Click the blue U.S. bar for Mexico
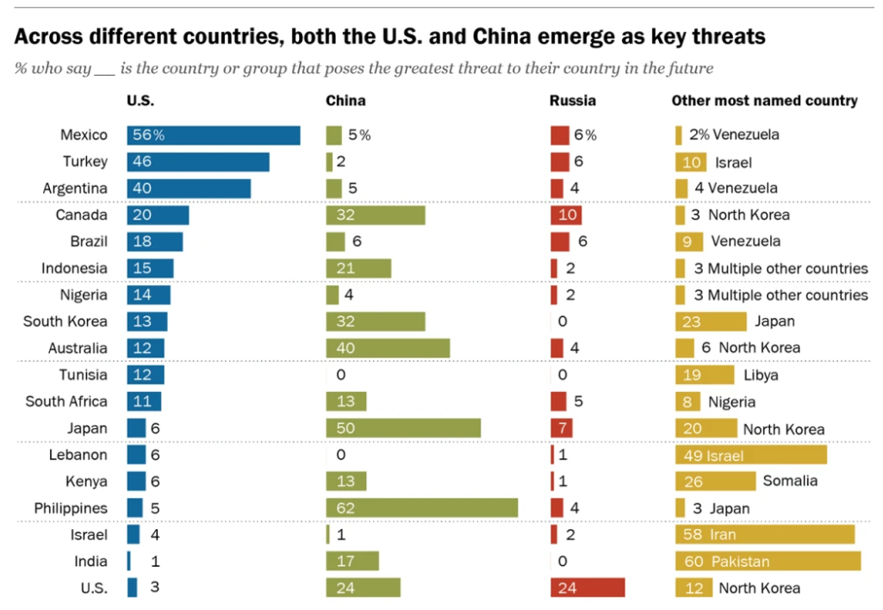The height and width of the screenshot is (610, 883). [x=213, y=135]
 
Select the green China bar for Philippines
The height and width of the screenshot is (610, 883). [x=421, y=507]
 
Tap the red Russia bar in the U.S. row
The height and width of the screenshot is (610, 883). [x=588, y=588]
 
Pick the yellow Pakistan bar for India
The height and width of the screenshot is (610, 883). [x=768, y=561]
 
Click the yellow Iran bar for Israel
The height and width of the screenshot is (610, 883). [x=765, y=534]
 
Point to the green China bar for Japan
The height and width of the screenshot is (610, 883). [x=402, y=428]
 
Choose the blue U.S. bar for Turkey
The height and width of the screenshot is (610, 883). [x=197, y=161]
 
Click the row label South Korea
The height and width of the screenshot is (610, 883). [x=65, y=321]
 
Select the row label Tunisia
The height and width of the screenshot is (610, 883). [x=84, y=375]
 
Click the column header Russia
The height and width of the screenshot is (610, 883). [x=573, y=101]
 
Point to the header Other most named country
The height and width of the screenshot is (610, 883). [x=764, y=101]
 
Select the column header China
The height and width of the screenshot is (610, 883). [x=345, y=101]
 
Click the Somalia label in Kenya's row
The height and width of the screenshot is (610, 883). [x=790, y=481]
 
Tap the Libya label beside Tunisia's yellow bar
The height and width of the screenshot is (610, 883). [x=762, y=375]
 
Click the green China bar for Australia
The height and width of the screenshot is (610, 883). [x=388, y=348]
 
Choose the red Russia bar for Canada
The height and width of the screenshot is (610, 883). [x=566, y=215]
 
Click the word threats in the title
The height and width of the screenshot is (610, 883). [x=721, y=38]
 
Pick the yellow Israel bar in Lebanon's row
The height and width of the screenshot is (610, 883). [x=750, y=454]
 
